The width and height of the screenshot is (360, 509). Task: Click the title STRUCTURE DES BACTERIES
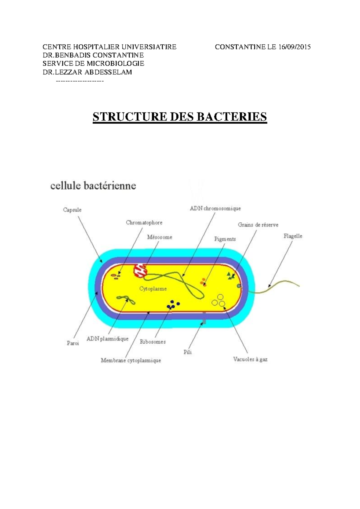[x=180, y=117]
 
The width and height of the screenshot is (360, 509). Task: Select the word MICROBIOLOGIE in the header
[x=115, y=64]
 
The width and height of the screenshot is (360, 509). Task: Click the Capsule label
[x=72, y=210]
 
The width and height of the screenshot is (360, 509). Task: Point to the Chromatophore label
[x=144, y=223]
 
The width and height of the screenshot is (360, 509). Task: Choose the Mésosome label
[x=160, y=237]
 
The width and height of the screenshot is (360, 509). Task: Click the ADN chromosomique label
[x=215, y=208]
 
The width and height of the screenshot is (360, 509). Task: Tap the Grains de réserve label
[x=258, y=224]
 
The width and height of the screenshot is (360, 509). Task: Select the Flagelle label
[x=293, y=236]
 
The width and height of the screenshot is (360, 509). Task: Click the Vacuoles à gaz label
[x=250, y=359]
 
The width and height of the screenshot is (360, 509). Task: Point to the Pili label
[x=187, y=352]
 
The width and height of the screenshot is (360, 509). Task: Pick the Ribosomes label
[x=153, y=342]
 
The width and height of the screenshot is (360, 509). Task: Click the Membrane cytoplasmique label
[x=131, y=360]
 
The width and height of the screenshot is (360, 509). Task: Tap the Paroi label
[x=73, y=343]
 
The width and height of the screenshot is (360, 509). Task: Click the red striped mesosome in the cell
[x=140, y=270]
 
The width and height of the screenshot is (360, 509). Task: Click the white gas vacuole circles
[x=219, y=301]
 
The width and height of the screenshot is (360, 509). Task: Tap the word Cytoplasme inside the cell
[x=153, y=289]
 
